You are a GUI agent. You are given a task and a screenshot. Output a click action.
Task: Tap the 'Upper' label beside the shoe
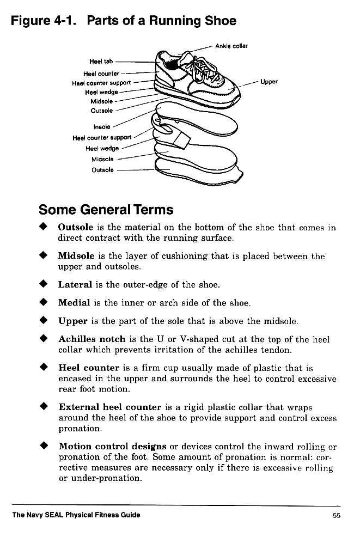[x=269, y=82]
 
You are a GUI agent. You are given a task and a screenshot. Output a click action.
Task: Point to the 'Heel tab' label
[x=101, y=61]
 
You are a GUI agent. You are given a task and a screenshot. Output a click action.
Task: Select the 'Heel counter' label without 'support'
[x=101, y=74]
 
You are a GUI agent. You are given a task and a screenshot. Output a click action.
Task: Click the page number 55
[x=336, y=515]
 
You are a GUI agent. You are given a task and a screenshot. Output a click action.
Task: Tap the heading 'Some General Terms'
[x=106, y=210]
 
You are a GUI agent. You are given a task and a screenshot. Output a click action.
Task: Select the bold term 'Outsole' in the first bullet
[x=76, y=228]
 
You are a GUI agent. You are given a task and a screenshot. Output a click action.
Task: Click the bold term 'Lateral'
[x=76, y=284]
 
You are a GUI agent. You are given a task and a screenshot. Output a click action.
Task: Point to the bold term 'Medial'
[x=75, y=303]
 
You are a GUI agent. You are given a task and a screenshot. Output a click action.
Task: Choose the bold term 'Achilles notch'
[x=92, y=339]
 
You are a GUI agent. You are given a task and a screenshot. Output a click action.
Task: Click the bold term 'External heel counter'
[x=109, y=407]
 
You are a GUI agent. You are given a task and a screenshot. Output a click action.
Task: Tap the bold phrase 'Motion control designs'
[x=113, y=447]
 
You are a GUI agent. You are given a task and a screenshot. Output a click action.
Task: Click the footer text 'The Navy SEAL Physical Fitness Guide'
[x=76, y=515]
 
